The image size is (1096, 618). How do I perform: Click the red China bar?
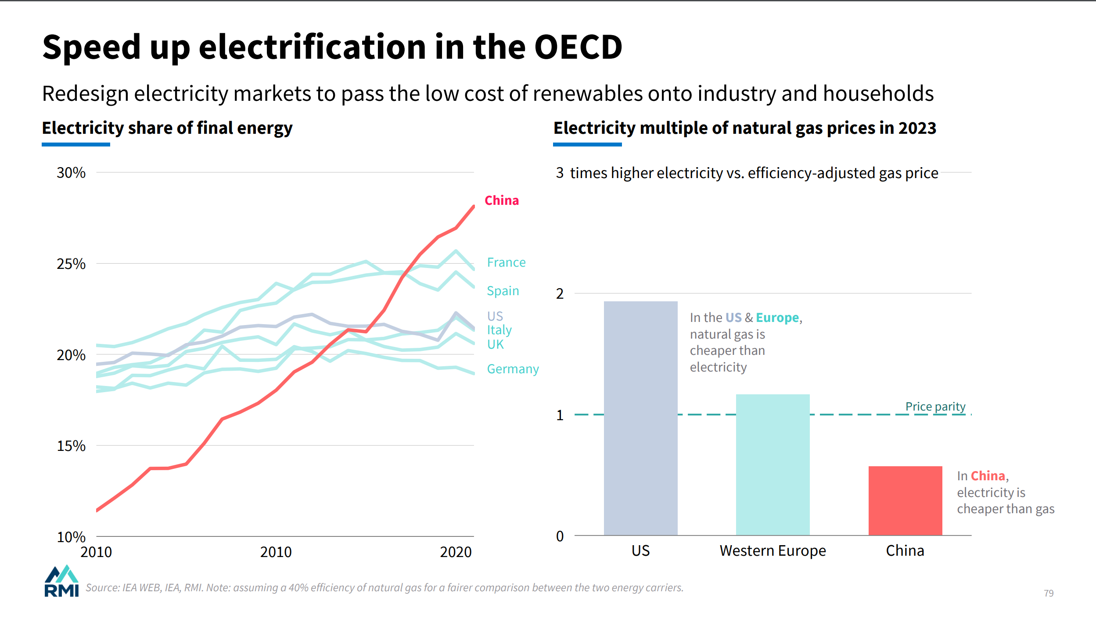(x=905, y=500)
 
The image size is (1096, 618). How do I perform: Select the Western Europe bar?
(x=773, y=464)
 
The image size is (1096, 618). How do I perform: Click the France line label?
(x=506, y=262)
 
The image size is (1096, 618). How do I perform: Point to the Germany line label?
(x=513, y=369)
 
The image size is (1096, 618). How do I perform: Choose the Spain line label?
(x=503, y=291)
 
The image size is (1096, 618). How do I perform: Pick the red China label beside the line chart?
(x=502, y=200)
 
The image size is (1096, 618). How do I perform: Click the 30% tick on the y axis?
(x=71, y=172)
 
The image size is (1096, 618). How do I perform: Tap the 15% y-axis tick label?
(x=71, y=446)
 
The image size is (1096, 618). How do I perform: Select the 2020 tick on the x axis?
(x=456, y=552)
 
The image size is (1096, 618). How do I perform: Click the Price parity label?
(x=935, y=407)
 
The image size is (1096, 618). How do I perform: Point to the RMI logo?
(x=61, y=581)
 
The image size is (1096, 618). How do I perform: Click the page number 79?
(x=1049, y=593)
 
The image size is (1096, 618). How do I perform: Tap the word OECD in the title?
(x=578, y=47)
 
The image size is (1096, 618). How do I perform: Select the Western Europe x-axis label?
(x=773, y=550)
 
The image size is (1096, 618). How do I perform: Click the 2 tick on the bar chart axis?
(x=560, y=293)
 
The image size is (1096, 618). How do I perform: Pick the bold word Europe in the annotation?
(x=777, y=318)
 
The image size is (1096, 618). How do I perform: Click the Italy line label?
(x=499, y=330)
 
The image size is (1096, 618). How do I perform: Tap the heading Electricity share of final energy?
(x=167, y=128)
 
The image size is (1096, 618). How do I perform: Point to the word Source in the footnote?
(x=102, y=588)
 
